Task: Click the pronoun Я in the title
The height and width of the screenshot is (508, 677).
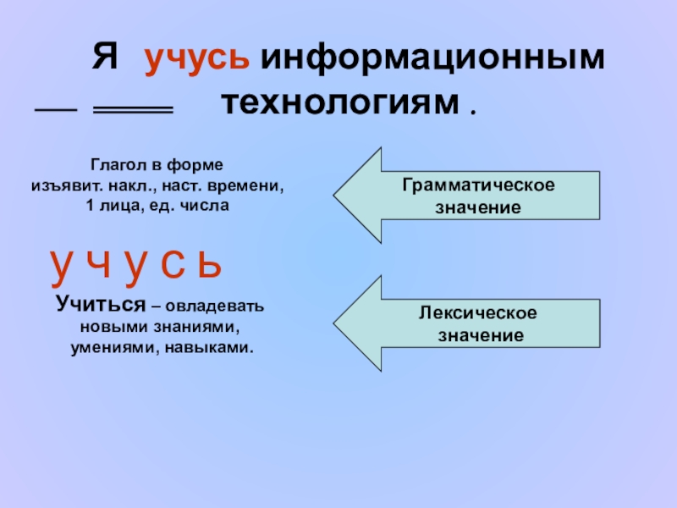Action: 103,60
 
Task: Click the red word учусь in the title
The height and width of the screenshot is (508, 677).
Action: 196,62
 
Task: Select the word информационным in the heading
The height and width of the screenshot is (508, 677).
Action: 432,61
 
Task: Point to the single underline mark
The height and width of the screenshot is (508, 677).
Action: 55,111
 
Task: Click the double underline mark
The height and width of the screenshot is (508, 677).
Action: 132,111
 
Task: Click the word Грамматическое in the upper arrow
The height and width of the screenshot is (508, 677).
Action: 478,185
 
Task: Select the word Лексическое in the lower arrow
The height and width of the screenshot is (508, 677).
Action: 478,314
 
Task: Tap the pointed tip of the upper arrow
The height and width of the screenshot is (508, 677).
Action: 336,195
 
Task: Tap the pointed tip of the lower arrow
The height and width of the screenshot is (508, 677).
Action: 336,323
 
